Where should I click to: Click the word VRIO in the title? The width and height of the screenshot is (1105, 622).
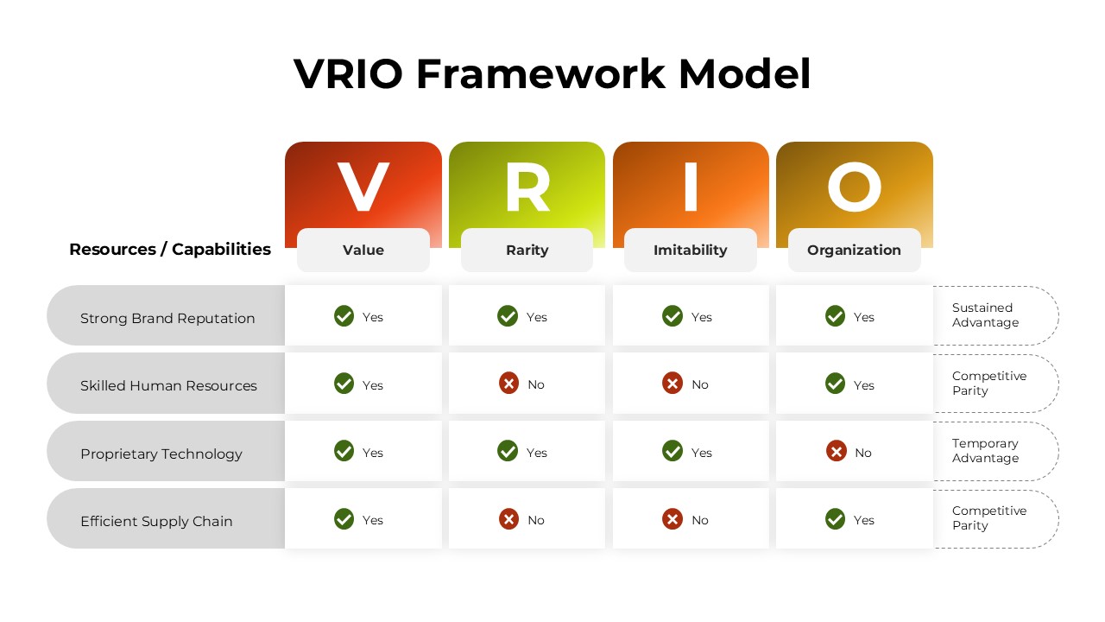pos(348,74)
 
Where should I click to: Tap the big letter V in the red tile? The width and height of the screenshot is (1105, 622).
pos(363,188)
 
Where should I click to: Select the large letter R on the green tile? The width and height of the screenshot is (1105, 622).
pos(527,188)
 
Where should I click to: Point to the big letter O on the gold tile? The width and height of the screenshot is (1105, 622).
pos(854,188)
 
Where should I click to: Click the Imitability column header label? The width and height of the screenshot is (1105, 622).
pos(690,251)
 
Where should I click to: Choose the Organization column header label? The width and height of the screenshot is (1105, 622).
pos(854,251)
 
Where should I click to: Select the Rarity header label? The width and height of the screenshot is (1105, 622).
pos(527,251)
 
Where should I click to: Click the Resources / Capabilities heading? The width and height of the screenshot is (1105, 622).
pos(170,250)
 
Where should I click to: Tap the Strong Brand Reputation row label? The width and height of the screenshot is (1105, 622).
pos(167,318)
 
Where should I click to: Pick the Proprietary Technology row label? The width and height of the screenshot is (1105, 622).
pos(161,454)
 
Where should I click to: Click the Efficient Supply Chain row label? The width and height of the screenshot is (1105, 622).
pos(156,521)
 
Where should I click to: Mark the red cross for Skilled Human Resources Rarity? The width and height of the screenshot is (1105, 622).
pos(508,384)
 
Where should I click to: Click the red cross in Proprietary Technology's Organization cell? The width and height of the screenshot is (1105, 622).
pos(836,451)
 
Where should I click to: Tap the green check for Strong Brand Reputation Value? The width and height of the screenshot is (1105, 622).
pos(344,316)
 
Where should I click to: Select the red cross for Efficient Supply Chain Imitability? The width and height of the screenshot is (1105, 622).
pos(672,519)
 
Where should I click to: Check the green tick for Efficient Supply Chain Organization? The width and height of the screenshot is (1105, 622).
pos(835,519)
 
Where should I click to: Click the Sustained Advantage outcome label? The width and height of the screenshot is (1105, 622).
pos(985,315)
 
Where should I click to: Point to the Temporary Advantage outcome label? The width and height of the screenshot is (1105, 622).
pos(985,451)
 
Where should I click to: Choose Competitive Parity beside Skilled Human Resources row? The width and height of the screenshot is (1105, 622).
pos(988,384)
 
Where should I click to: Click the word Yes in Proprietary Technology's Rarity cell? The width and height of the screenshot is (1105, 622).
pos(537,453)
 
